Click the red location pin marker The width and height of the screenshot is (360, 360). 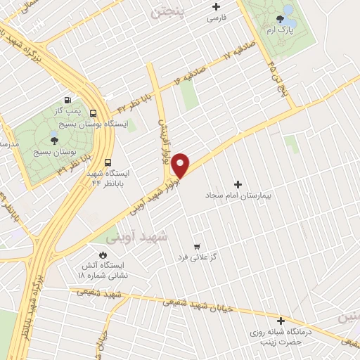coord(181,165)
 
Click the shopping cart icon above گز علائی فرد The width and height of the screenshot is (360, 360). coord(197,246)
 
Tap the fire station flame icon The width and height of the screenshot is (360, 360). coord(104,255)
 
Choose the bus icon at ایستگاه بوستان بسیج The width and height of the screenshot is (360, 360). coord(94,112)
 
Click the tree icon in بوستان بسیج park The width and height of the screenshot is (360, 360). coord(54,140)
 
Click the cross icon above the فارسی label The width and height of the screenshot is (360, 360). coord(216,7)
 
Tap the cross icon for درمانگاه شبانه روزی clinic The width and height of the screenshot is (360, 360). coord(281,319)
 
